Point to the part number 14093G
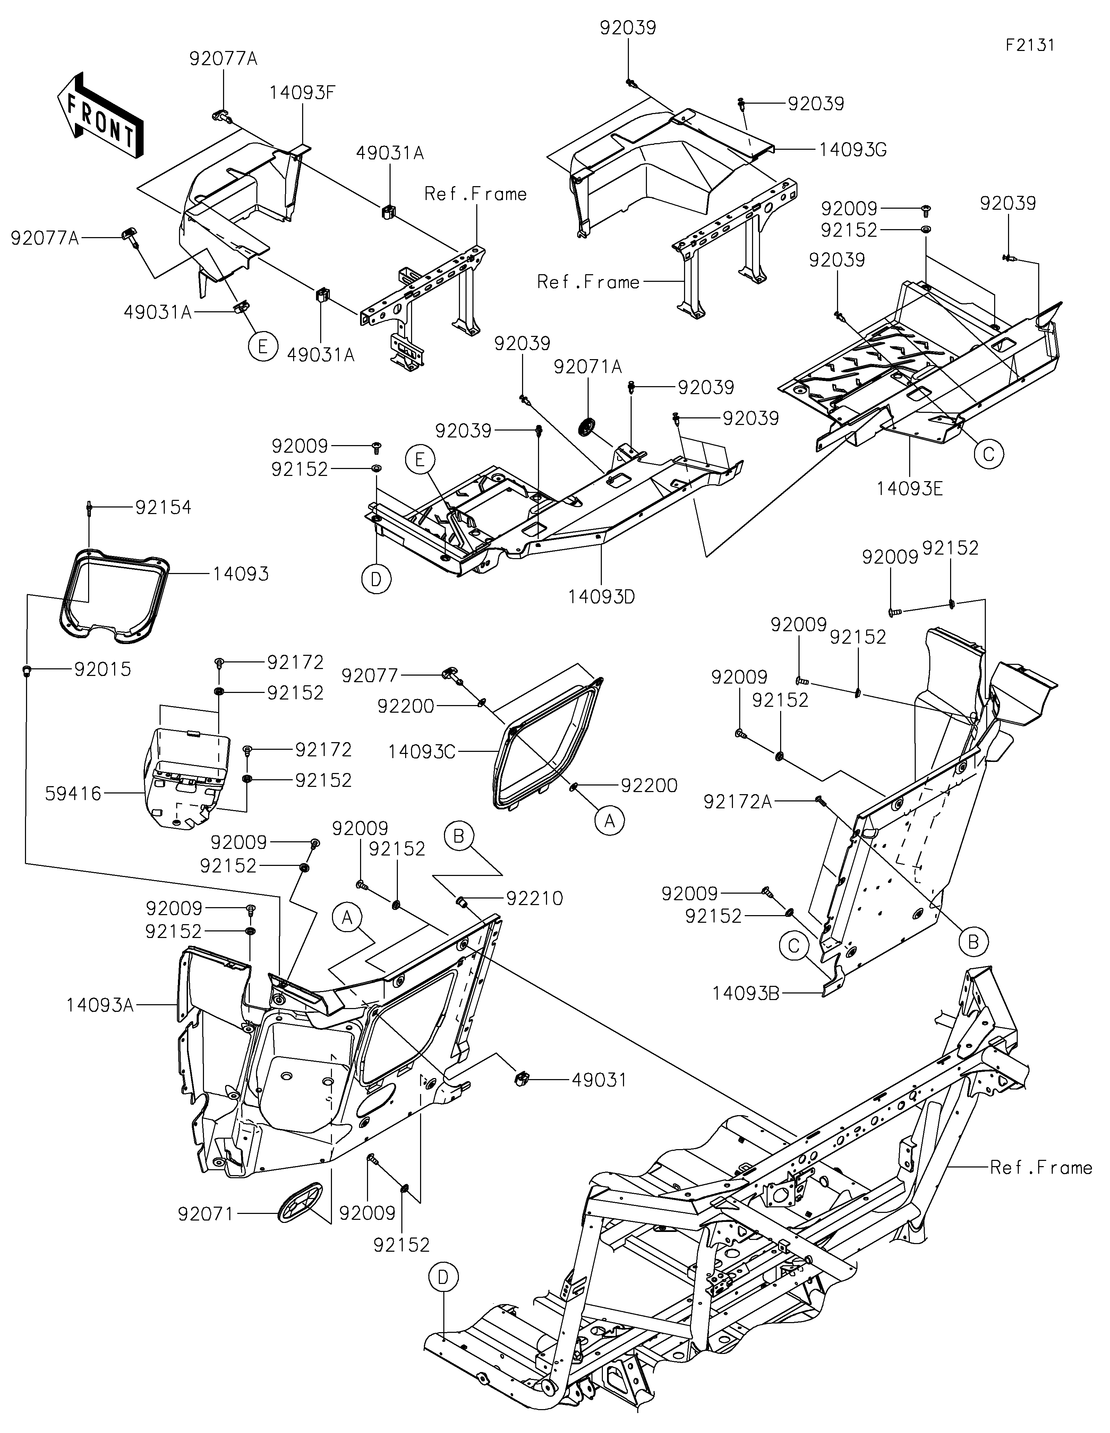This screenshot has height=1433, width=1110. (853, 150)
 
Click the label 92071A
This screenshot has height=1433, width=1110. (588, 367)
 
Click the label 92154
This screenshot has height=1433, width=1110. (163, 507)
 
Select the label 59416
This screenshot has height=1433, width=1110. (74, 794)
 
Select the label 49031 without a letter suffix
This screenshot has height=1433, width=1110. (599, 1079)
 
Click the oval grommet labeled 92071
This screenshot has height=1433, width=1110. (301, 1202)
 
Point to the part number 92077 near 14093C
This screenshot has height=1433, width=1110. (370, 675)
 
